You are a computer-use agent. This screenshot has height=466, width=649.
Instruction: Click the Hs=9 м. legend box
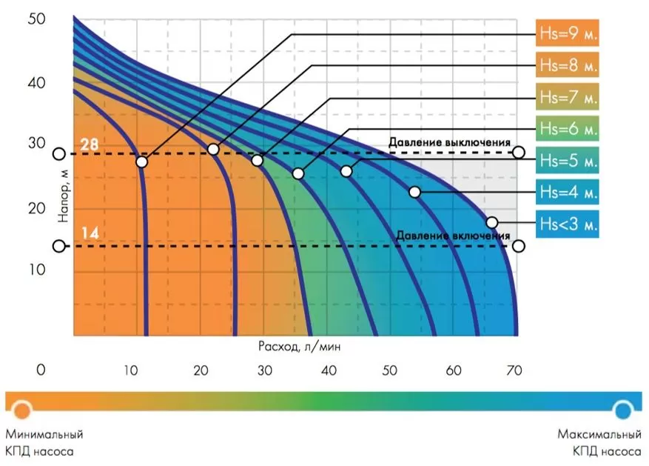click(567, 34)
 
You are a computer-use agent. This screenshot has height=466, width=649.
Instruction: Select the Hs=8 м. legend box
click(567, 65)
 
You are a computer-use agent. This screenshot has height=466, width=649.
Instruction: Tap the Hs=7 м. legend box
click(567, 97)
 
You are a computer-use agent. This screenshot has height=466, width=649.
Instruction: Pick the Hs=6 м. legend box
click(567, 129)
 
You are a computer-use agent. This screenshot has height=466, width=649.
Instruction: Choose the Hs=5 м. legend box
click(567, 160)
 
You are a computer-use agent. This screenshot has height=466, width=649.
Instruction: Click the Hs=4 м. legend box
click(567, 192)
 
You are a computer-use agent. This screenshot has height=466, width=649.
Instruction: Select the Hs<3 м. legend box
click(567, 223)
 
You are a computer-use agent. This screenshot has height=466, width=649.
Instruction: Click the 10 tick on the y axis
click(37, 270)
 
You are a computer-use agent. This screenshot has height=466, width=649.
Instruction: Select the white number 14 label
click(89, 234)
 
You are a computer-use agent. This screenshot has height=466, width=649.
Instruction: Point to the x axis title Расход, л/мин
click(300, 346)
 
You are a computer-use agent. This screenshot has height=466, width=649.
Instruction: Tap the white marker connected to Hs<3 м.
click(492, 222)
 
